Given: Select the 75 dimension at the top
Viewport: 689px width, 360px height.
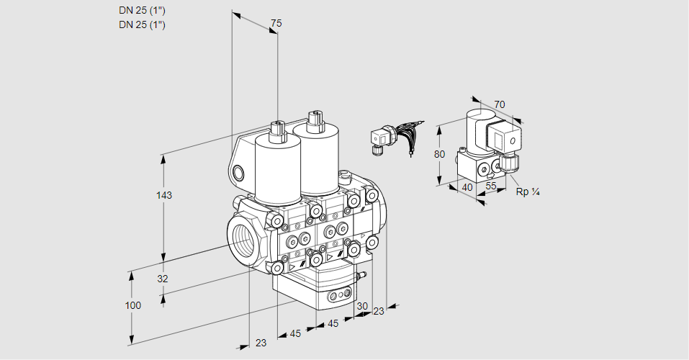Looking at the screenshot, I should (276, 24).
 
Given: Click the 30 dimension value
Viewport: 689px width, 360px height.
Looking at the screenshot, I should (362, 305).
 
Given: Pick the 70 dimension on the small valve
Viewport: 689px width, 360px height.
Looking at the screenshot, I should (500, 104).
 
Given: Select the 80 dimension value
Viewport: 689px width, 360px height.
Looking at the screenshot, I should (441, 154).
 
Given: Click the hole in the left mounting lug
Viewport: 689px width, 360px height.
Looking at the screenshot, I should (239, 172).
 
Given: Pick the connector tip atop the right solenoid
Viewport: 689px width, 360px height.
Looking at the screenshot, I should (312, 118).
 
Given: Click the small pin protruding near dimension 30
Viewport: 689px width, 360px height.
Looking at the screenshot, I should (362, 274).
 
